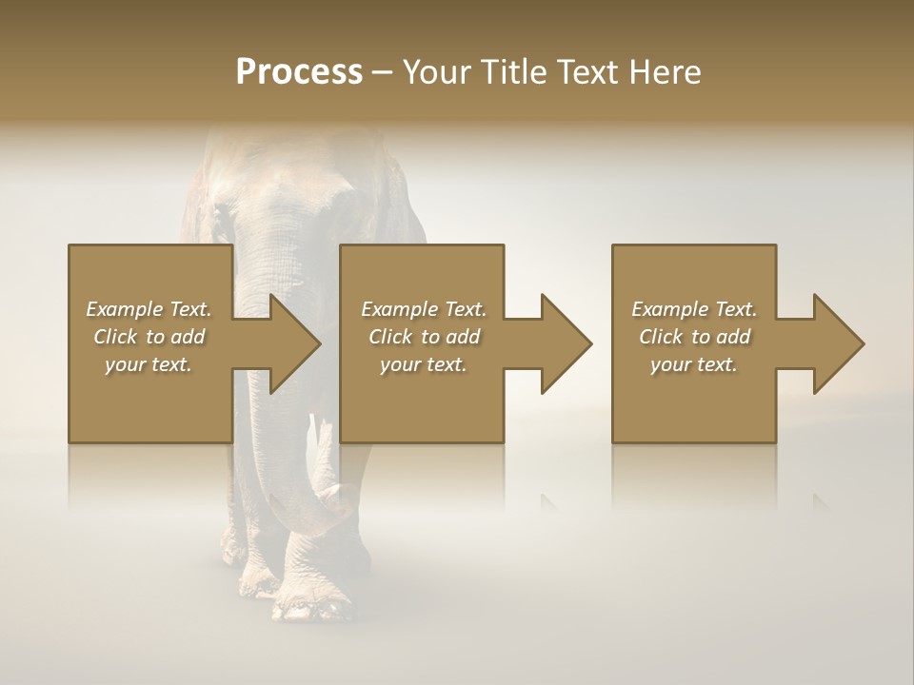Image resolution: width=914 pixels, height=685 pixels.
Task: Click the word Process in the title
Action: coord(299,72)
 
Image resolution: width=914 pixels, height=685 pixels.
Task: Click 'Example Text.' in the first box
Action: coord(149,309)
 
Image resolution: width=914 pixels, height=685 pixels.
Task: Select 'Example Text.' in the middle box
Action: coord(424,309)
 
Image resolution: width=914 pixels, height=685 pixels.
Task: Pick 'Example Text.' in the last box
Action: coord(694,309)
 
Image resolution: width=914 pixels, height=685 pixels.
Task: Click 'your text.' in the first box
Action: coord(149,364)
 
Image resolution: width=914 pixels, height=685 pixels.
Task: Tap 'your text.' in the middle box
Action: coord(424,364)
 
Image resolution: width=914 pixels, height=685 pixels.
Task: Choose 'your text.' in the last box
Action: coord(694,364)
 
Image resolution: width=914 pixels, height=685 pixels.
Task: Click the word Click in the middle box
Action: coord(390,337)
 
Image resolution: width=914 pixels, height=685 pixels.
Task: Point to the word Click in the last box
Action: coord(661,337)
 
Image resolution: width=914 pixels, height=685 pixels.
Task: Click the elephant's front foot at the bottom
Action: coord(309,604)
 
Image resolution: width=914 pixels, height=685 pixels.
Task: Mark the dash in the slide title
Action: coord(382,72)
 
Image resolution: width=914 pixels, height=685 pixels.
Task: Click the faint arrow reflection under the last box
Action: coord(819,500)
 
